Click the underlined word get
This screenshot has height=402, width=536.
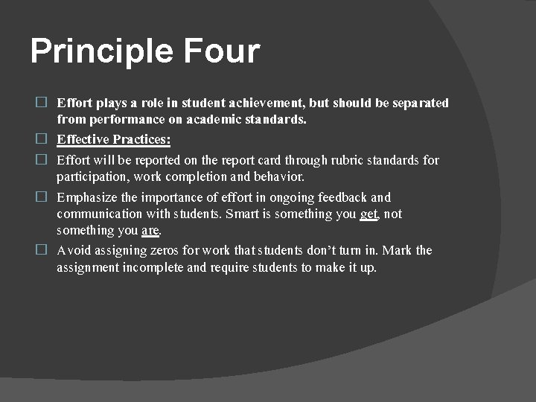coord(368,214)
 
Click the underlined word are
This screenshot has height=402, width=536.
coord(150,231)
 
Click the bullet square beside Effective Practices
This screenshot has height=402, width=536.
coord(42,138)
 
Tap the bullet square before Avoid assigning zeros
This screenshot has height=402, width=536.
coord(42,249)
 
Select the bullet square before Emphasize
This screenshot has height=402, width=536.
coord(42,197)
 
